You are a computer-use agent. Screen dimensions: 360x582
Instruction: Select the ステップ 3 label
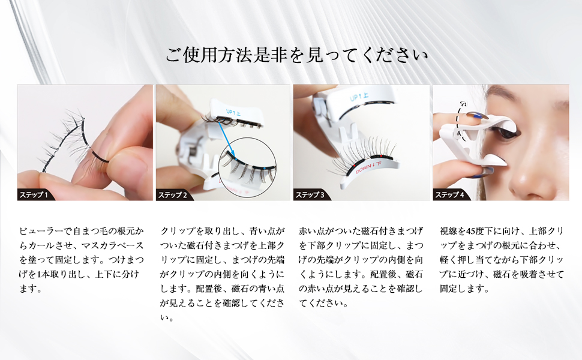(311, 195)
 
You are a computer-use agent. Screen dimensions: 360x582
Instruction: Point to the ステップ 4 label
(450, 195)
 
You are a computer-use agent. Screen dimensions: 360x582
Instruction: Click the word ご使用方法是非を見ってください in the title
(297, 56)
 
